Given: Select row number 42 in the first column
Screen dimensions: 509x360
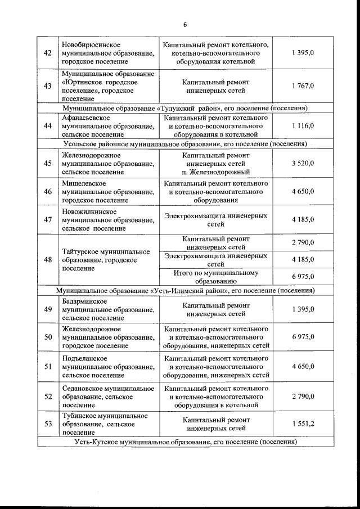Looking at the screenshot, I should point(48,52).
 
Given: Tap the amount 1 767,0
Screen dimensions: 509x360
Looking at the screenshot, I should point(303,86).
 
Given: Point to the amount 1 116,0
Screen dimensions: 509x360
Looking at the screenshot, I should point(303,127).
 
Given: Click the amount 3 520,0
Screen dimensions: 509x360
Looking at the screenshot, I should point(303,163).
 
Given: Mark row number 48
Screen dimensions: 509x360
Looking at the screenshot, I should point(48,260).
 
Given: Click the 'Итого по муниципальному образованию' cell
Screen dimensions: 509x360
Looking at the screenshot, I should point(215,276).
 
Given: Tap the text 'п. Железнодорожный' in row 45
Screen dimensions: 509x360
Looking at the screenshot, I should point(215,172).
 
